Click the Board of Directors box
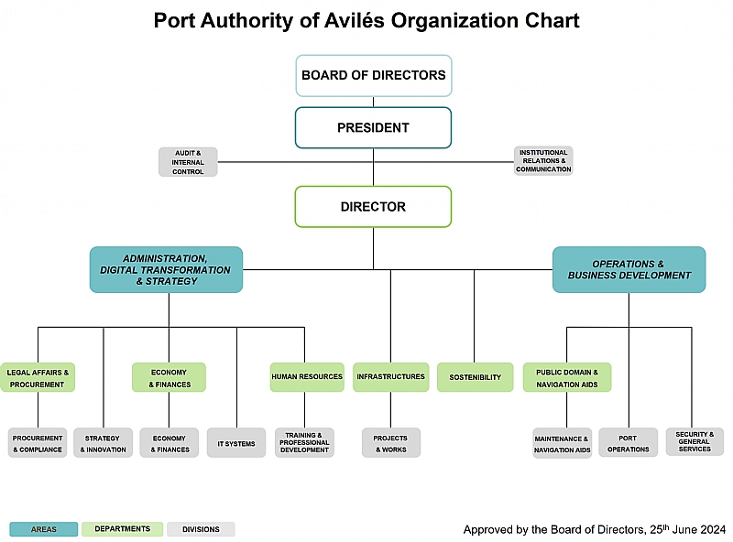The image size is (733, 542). tap(373, 75)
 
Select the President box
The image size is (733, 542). tap(373, 127)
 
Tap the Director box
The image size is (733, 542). tap(373, 207)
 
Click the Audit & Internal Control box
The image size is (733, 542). tap(188, 162)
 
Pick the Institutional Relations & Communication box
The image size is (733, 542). tap(543, 161)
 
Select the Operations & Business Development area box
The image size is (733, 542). tap(629, 269)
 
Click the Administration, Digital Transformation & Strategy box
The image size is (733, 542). tap(166, 269)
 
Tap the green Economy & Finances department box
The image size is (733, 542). tap(169, 378)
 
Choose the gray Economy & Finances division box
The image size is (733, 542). tap(169, 444)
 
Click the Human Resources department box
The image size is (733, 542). tap(307, 377)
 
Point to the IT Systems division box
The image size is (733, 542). tap(236, 444)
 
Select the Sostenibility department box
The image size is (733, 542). tap(475, 377)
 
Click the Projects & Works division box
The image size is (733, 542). tap(390, 444)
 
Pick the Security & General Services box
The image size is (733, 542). tap(695, 442)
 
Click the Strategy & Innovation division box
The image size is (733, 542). tap(103, 444)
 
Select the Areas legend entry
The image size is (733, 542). tap(44, 529)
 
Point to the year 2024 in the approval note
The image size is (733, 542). tap(711, 529)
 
